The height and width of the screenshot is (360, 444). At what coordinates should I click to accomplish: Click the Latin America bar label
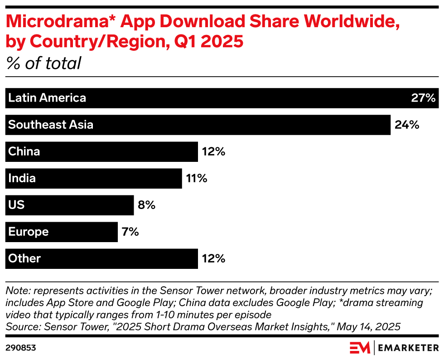[x=47, y=98]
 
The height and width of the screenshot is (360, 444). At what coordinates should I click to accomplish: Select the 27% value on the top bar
[x=423, y=98]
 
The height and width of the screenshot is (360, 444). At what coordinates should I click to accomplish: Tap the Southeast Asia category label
[x=51, y=125]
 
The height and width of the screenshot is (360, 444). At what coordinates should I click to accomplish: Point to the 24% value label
[x=407, y=125]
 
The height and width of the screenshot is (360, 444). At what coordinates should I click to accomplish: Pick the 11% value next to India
[x=196, y=179]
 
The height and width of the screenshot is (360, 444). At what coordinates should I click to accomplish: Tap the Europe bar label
[x=29, y=232]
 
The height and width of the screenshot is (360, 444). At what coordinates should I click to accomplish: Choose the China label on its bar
[x=24, y=151]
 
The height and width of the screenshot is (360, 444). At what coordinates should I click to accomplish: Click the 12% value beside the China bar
[x=213, y=151]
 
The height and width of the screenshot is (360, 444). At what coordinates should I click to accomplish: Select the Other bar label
[x=24, y=259]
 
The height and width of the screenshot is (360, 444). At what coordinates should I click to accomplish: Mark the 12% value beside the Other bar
[x=213, y=259]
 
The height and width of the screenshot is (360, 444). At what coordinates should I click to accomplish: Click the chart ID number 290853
[x=21, y=348]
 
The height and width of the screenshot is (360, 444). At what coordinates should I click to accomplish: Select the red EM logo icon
[x=360, y=348]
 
